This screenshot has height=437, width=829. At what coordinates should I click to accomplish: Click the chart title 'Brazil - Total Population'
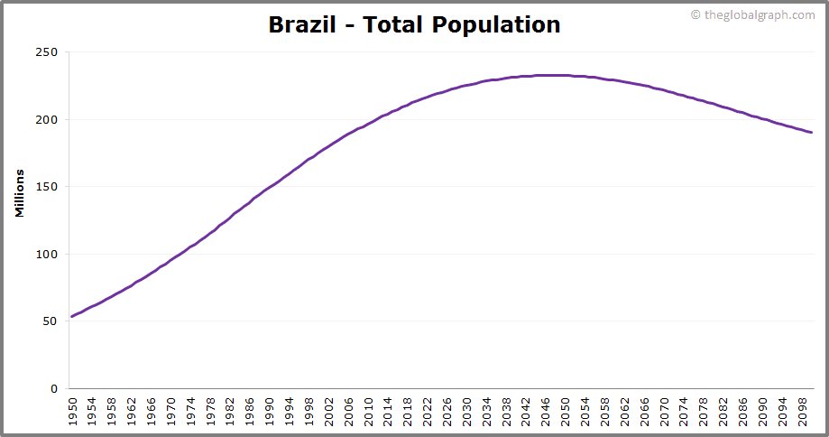[x=414, y=24]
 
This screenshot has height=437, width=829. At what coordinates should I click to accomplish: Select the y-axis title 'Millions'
[x=20, y=191]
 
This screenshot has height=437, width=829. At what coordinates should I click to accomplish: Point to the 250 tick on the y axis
[x=46, y=52]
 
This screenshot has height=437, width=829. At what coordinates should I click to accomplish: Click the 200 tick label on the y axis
[x=46, y=120]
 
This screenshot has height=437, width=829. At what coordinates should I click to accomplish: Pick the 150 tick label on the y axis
[x=46, y=187]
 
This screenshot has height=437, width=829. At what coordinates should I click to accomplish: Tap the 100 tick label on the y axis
[x=46, y=255]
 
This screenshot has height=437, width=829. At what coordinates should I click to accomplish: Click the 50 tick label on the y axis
[x=50, y=321]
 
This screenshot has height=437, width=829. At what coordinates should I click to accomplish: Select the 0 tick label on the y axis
[x=53, y=389]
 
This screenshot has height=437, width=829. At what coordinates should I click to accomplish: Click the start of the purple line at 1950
[x=72, y=316]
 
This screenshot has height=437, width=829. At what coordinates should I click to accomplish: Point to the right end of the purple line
[x=812, y=133]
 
